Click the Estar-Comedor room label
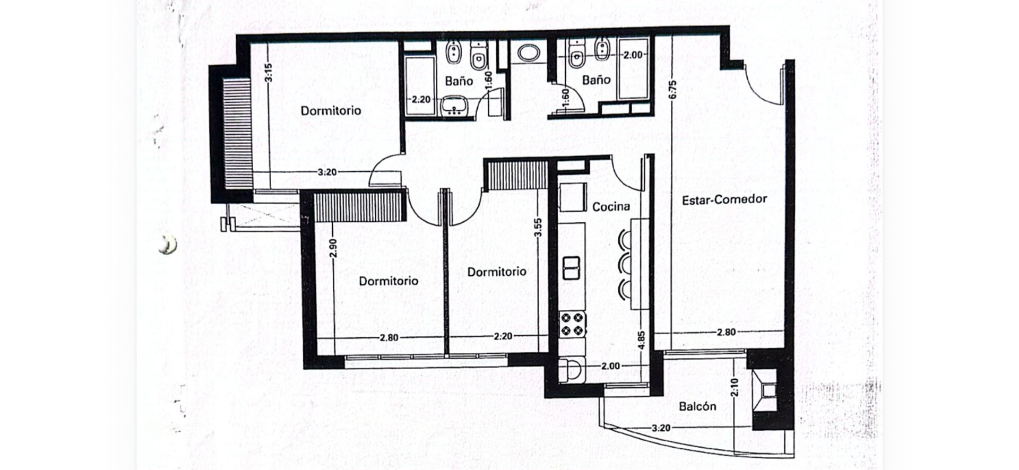tap(724, 200)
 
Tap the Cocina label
tap(611, 207)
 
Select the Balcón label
tap(697, 406)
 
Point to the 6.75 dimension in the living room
tap(672, 90)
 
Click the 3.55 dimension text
tap(538, 228)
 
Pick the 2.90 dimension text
tap(333, 248)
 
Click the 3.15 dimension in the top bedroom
tap(268, 73)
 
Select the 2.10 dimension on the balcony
tap(735, 387)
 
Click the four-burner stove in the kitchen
tap(572, 324)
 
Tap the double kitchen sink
tap(571, 268)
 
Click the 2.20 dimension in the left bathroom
tap(421, 100)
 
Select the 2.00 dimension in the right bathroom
tap(633, 55)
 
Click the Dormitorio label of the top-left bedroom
tap(331, 110)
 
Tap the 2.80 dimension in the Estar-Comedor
tap(726, 332)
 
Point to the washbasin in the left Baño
tap(454, 106)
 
